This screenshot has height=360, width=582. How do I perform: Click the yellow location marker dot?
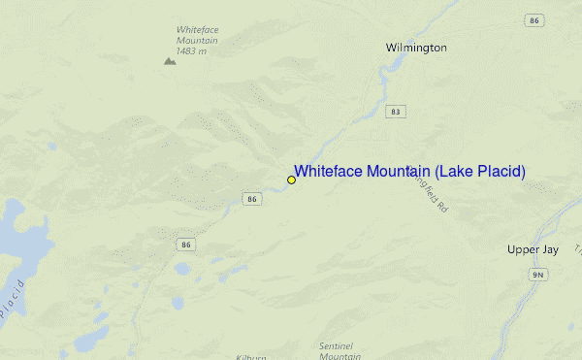click(291, 180)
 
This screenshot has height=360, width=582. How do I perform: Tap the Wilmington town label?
click(416, 48)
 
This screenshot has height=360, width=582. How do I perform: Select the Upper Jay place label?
click(533, 249)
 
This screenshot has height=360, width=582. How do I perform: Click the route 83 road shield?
click(395, 112)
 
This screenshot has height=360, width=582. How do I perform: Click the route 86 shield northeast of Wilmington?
click(533, 19)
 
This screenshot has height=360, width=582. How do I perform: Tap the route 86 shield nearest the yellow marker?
click(252, 199)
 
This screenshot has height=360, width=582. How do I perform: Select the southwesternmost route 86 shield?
click(185, 245)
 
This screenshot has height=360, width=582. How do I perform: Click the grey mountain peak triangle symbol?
click(170, 60)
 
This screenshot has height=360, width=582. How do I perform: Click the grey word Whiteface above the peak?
click(197, 29)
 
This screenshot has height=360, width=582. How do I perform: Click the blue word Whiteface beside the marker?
click(327, 172)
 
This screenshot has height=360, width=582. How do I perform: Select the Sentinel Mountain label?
click(339, 351)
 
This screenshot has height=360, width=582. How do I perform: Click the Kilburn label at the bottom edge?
click(250, 356)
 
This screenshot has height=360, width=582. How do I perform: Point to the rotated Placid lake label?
click(11, 299)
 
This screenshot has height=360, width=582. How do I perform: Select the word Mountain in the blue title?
click(398, 172)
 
